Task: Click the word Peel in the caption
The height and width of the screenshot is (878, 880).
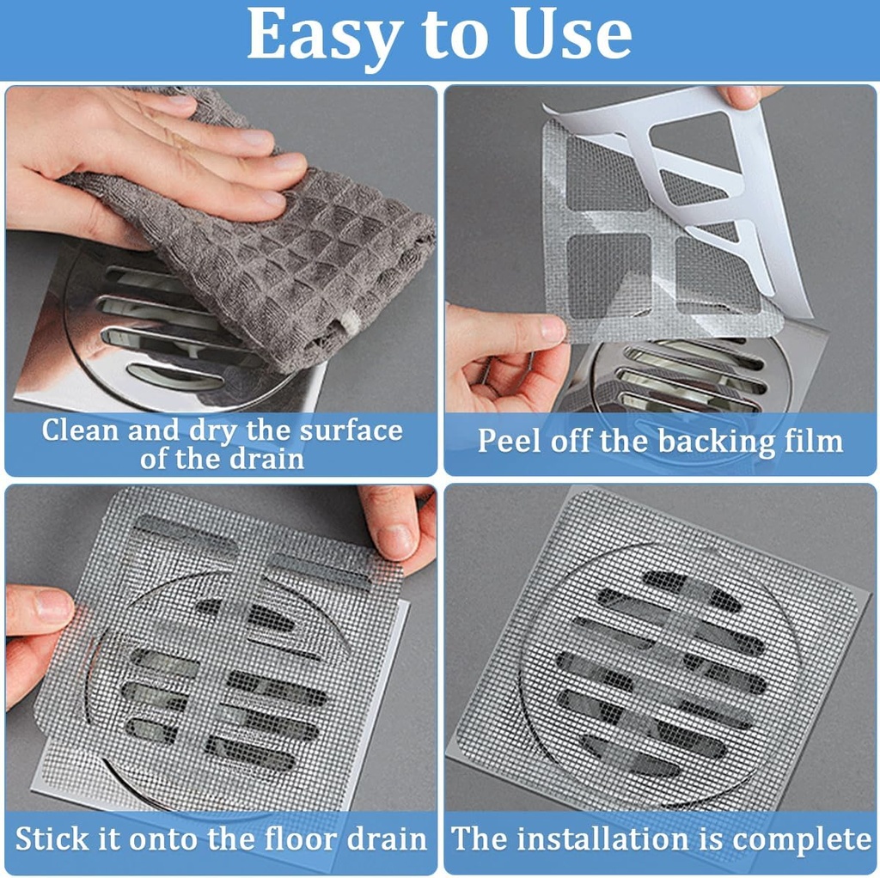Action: tap(509, 441)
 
